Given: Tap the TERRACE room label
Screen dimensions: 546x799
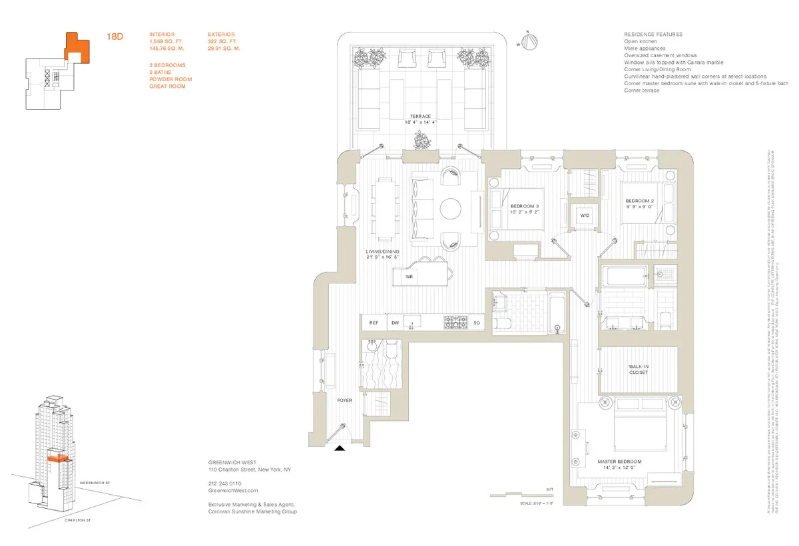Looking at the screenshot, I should point(421,116).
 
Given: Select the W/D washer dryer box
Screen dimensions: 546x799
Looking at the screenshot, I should point(585,215).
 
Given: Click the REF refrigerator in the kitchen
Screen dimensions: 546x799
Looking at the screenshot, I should point(374,323).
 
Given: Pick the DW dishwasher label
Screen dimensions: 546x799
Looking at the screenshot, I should point(395,323).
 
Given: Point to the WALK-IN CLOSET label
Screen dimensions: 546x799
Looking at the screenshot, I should point(638,369).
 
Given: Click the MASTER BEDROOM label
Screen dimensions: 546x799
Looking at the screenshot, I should point(619,462).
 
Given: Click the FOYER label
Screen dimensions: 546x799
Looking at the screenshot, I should point(344,400).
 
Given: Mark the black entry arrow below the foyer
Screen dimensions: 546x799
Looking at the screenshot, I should point(340,449).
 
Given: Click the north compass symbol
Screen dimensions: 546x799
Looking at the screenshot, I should point(527,41).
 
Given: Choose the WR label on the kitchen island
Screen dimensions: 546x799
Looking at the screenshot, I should point(409,276).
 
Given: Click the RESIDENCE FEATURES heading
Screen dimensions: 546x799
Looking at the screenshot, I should point(653,35).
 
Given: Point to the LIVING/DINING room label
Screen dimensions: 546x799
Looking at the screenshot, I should point(382,251).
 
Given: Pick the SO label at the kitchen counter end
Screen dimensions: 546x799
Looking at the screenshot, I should point(477,323).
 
